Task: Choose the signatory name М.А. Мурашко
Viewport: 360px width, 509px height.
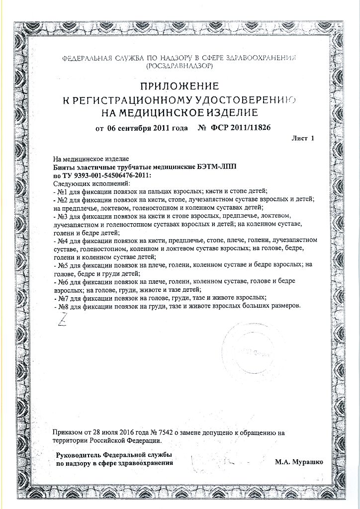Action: (298, 462)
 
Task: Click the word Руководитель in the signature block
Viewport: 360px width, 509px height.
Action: (79, 455)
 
